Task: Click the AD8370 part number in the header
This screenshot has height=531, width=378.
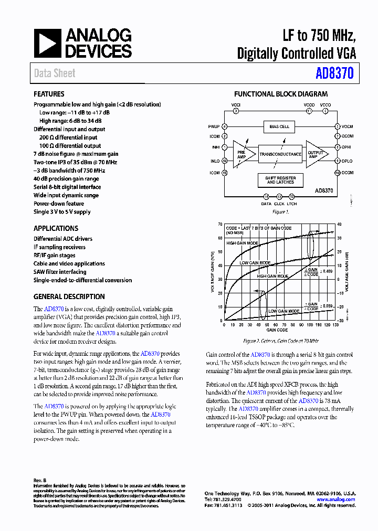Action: coord(334,74)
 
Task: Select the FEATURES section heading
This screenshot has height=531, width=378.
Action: coord(49,94)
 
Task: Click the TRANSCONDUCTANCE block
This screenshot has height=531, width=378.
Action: coord(280,154)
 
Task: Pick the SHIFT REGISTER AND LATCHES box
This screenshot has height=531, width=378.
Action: coord(280,180)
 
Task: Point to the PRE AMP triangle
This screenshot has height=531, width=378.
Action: coord(242,154)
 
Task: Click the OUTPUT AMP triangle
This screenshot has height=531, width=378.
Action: coord(315,154)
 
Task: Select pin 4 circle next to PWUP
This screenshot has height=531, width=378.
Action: coord(225,126)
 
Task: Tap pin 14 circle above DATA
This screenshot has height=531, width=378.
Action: coord(266,196)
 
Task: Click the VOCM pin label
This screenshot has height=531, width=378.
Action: coord(348,126)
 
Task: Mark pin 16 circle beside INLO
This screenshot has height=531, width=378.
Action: coord(225,161)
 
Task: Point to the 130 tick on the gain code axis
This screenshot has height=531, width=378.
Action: coord(335,325)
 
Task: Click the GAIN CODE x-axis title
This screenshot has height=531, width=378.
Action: coord(277,330)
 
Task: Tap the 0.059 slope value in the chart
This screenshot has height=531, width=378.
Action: coord(327,305)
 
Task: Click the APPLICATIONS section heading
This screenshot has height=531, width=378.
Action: coord(56,228)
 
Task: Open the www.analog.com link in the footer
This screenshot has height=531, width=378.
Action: coord(336,500)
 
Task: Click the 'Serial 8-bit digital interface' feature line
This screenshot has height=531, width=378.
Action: coord(67,187)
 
